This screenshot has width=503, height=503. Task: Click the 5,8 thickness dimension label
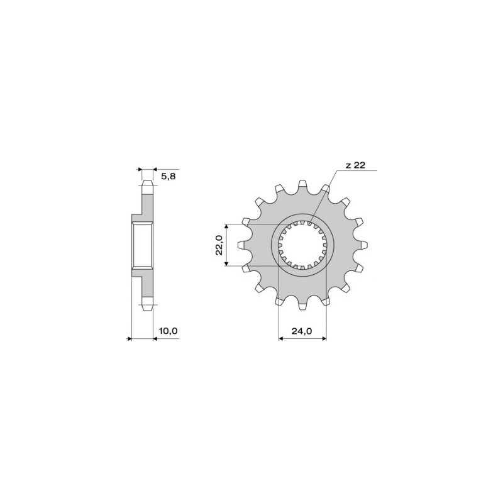(x=169, y=177)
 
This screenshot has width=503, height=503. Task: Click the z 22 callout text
(x=355, y=166)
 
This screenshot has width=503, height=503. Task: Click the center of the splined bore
(x=303, y=245)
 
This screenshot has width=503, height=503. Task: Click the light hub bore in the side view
(x=142, y=245)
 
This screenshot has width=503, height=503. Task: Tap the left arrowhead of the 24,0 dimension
(x=281, y=339)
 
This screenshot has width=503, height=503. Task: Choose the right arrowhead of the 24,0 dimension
(x=324, y=339)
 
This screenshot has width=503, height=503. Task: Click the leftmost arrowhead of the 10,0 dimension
(x=130, y=339)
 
